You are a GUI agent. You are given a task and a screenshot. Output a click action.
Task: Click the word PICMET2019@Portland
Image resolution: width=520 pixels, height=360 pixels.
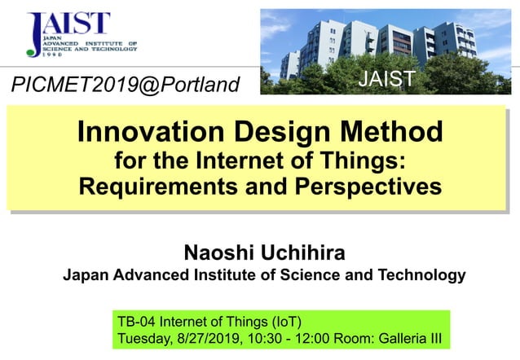click(x=126, y=85)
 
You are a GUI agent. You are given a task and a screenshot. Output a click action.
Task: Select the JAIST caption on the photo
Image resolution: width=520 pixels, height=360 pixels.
click(x=387, y=79)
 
